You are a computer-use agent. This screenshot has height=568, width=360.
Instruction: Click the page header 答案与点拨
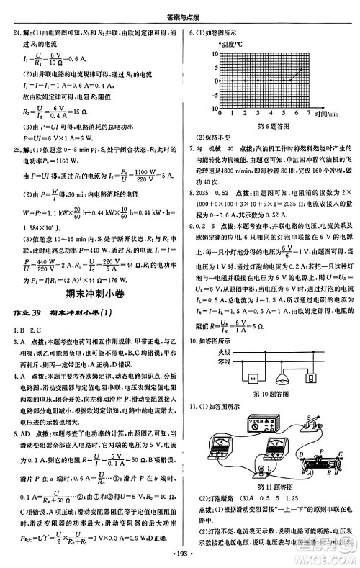(x=180, y=8)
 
